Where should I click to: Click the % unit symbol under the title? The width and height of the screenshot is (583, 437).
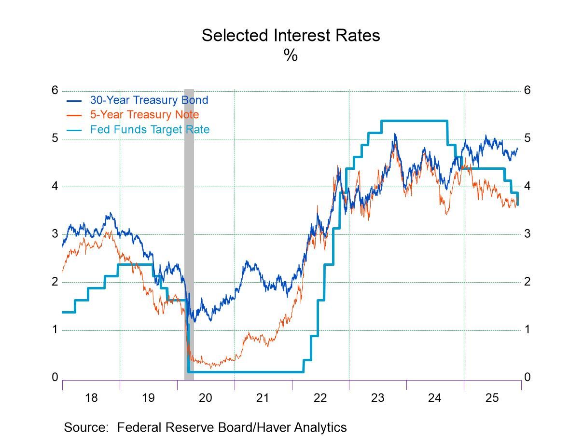pyautogui.click(x=291, y=55)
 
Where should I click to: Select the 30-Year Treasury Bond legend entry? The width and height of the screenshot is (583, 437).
pyautogui.click(x=149, y=100)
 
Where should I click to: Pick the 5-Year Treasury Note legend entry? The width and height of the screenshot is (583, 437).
pyautogui.click(x=144, y=115)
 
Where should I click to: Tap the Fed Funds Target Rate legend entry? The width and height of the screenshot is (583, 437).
pyautogui.click(x=150, y=129)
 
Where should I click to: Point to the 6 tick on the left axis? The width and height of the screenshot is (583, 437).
pyautogui.click(x=55, y=90)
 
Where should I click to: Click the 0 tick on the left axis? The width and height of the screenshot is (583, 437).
pyautogui.click(x=55, y=377)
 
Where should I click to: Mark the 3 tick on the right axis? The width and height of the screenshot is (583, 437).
pyautogui.click(x=527, y=233)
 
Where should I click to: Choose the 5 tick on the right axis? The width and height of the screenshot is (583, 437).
pyautogui.click(x=527, y=138)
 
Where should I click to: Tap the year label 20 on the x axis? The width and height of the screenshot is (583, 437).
pyautogui.click(x=206, y=398)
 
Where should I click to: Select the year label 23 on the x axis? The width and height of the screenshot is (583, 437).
pyautogui.click(x=377, y=398)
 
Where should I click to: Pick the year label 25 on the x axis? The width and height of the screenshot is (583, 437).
pyautogui.click(x=492, y=398)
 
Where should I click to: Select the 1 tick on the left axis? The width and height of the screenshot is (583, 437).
pyautogui.click(x=55, y=329)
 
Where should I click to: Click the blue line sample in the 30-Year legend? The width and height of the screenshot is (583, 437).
pyautogui.click(x=74, y=101)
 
